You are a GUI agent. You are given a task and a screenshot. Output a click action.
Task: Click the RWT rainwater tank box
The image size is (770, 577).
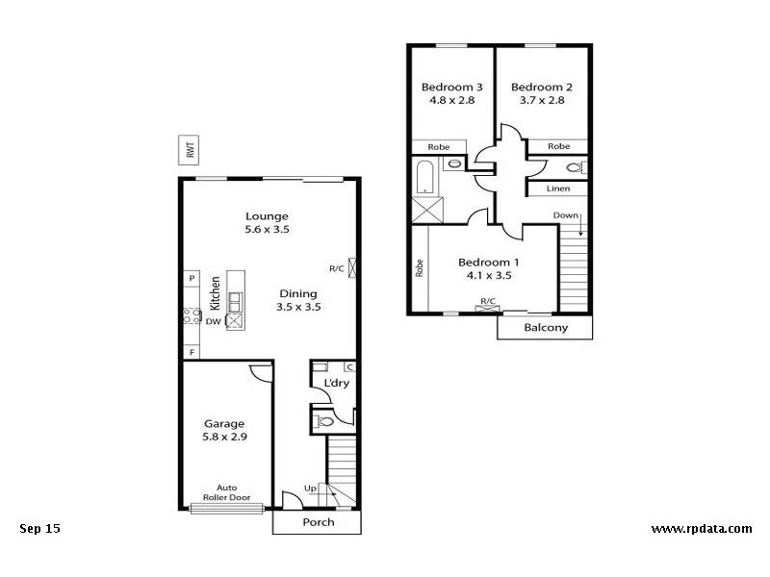tap(191, 150)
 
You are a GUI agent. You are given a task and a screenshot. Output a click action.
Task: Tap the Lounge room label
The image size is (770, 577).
tap(267, 216)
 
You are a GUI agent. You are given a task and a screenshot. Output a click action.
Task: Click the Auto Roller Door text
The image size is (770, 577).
tap(227, 492)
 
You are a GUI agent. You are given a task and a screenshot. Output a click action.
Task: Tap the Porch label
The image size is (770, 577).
tap(318, 522)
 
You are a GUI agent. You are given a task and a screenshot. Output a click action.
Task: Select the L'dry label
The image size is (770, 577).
tap(335, 384)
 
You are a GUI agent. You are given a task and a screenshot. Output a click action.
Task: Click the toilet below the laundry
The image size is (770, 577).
tap(324, 420)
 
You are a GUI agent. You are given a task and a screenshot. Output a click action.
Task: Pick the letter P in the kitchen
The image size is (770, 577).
tap(192, 279)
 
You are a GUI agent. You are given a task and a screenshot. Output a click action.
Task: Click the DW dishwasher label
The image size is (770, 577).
tap(213, 321)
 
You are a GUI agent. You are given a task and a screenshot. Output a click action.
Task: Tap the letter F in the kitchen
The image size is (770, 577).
tap(192, 353)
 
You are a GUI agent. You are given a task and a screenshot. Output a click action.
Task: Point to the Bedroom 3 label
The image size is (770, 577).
tap(452, 88)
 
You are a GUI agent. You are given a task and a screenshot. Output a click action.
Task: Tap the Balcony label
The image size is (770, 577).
tap(545, 328)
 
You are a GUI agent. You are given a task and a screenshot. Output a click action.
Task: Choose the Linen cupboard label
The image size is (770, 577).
tap(558, 188)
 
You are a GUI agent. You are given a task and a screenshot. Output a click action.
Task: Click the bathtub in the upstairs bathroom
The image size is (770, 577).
tap(425, 178)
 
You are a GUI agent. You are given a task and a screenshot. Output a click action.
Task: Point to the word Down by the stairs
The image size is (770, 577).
tap(566, 214)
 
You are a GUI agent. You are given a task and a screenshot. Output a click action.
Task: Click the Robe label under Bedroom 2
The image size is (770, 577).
tap(558, 146)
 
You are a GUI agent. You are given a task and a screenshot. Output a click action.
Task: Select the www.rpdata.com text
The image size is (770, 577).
tap(701, 528)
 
